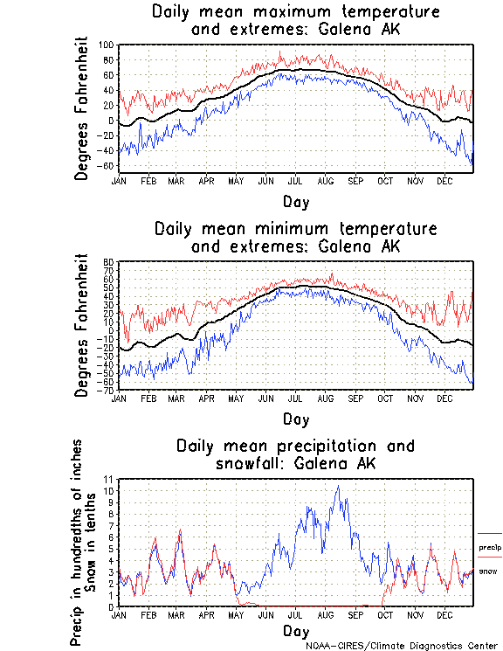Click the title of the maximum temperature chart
click(295, 21)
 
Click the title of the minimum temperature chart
click(295, 238)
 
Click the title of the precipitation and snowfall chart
click(295, 454)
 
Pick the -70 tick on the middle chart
click(108, 390)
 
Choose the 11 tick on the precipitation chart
click(109, 480)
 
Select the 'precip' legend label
click(489, 548)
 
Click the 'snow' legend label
click(488, 571)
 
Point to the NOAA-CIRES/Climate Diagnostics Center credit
click(403, 646)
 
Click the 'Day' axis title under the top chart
click(295, 202)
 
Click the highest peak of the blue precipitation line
click(338, 486)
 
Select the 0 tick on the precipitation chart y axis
click(112, 606)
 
